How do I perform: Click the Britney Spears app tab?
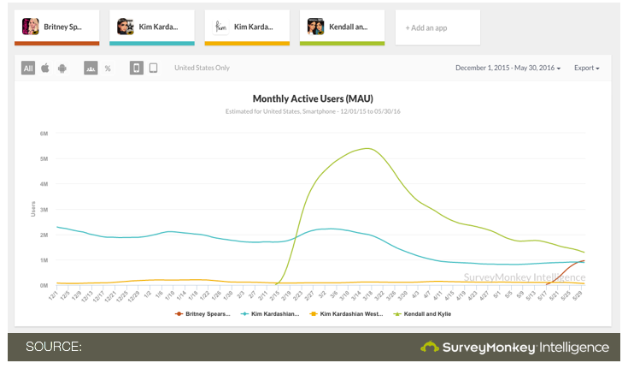click(56, 27)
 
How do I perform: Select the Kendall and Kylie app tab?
click(342, 27)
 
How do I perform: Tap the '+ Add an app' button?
click(437, 27)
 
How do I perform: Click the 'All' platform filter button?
click(28, 68)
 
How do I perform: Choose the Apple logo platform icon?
click(45, 68)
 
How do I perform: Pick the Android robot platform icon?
click(62, 68)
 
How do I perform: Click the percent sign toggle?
click(108, 68)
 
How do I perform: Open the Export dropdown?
click(586, 68)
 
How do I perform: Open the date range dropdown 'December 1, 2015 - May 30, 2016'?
click(508, 68)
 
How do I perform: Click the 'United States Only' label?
click(202, 68)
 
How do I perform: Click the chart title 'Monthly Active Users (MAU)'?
click(313, 98)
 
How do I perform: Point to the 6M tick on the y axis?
click(44, 134)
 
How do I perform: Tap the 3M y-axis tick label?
click(44, 209)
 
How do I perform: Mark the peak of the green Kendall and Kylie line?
click(366, 148)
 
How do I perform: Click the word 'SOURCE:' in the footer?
click(53, 347)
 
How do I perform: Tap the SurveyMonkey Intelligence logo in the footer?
click(514, 347)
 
